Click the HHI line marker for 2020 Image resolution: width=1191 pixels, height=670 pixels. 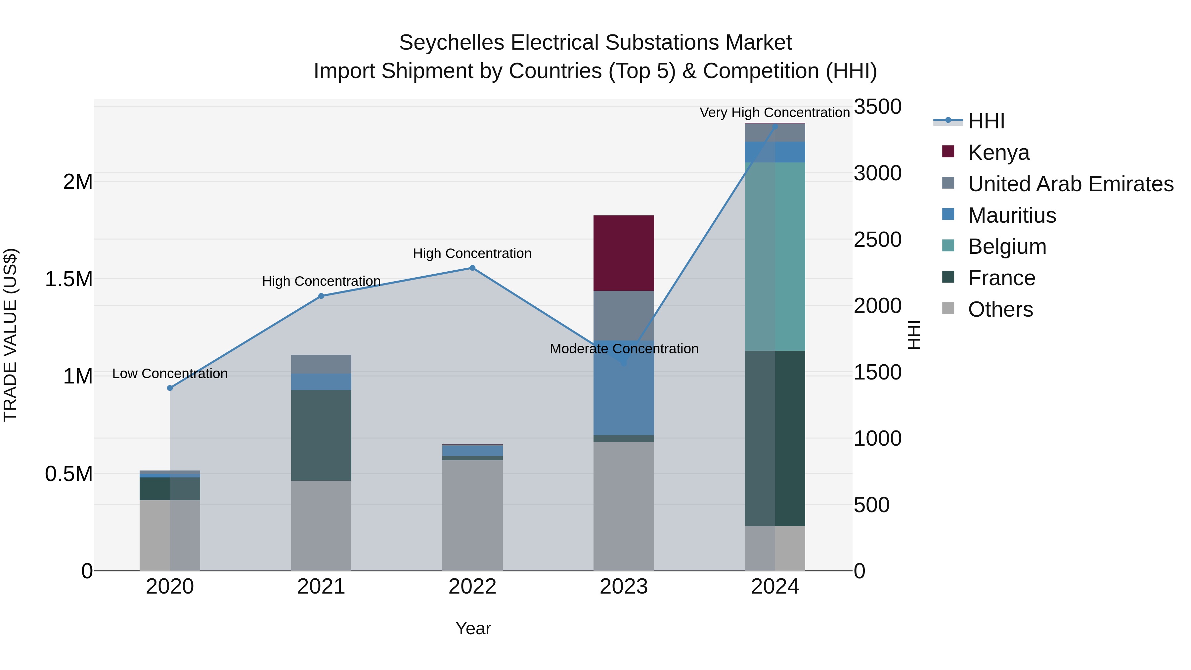pyautogui.click(x=170, y=388)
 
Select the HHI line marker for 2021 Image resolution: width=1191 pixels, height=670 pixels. pyautogui.click(x=321, y=296)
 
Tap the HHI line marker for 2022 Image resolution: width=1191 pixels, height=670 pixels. pyautogui.click(x=472, y=268)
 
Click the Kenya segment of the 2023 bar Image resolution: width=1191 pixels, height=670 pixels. pyautogui.click(x=623, y=253)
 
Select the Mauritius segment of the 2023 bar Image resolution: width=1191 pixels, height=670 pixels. pyautogui.click(x=623, y=387)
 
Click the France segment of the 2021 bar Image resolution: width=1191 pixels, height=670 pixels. pyautogui.click(x=321, y=435)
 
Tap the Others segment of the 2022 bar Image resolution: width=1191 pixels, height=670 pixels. pyautogui.click(x=472, y=514)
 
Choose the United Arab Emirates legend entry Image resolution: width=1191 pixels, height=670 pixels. pyautogui.click(x=1070, y=184)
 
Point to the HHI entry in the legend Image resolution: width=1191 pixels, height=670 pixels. pyautogui.click(x=986, y=121)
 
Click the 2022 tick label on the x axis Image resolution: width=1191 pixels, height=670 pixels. pyautogui.click(x=472, y=587)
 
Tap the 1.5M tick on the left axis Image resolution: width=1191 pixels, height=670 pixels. pyautogui.click(x=68, y=279)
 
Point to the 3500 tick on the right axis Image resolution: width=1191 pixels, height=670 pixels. pyautogui.click(x=877, y=107)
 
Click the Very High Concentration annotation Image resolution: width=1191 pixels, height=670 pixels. pyautogui.click(x=774, y=112)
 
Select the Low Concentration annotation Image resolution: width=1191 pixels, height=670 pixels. pyautogui.click(x=170, y=374)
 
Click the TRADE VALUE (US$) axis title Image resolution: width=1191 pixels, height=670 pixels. pyautogui.click(x=10, y=335)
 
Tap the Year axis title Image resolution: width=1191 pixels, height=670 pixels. pyautogui.click(x=473, y=628)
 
